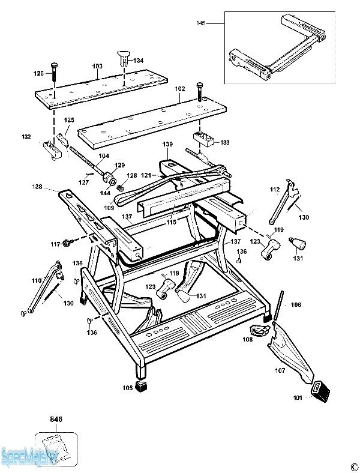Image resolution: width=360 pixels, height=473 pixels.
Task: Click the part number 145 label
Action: (x=201, y=23)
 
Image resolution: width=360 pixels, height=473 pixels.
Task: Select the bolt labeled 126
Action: (x=54, y=71)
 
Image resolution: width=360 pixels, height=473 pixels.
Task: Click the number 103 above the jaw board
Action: (x=97, y=67)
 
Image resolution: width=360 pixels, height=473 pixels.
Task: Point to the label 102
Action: (x=179, y=89)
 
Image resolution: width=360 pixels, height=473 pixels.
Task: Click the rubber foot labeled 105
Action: (x=141, y=386)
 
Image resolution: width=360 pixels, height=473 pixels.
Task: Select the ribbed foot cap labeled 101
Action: (x=320, y=391)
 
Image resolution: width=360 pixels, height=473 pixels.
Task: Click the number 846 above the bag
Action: (x=56, y=420)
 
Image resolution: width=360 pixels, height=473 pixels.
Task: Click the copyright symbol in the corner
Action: (x=354, y=467)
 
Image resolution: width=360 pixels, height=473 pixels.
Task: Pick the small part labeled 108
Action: (x=259, y=330)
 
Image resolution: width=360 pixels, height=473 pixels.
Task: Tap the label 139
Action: (x=167, y=144)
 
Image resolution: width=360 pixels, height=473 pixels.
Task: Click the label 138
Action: (x=37, y=187)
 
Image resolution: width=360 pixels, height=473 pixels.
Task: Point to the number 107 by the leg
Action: (x=280, y=370)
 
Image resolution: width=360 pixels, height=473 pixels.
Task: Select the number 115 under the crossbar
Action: (x=171, y=222)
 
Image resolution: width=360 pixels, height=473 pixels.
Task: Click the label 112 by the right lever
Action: (x=275, y=190)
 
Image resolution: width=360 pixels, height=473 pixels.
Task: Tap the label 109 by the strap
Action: (x=109, y=208)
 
